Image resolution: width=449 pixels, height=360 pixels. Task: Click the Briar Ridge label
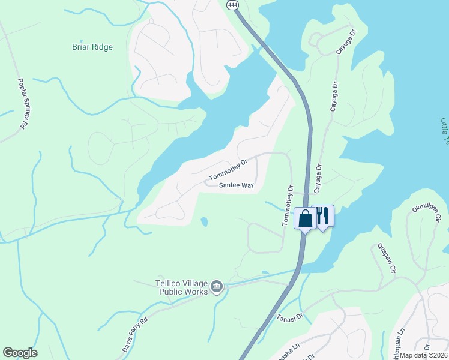pyautogui.click(x=92, y=47)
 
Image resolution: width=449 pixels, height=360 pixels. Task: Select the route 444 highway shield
pyautogui.click(x=232, y=4)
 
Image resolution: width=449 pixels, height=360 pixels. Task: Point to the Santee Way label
pyautogui.click(x=237, y=185)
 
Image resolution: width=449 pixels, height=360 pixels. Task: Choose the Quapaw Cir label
pyautogui.click(x=388, y=259)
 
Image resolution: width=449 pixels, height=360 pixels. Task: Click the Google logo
pyautogui.click(x=20, y=353)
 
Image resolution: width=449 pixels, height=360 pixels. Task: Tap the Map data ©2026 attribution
pyautogui.click(x=423, y=355)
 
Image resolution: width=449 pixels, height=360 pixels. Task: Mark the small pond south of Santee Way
pyautogui.click(x=204, y=223)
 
